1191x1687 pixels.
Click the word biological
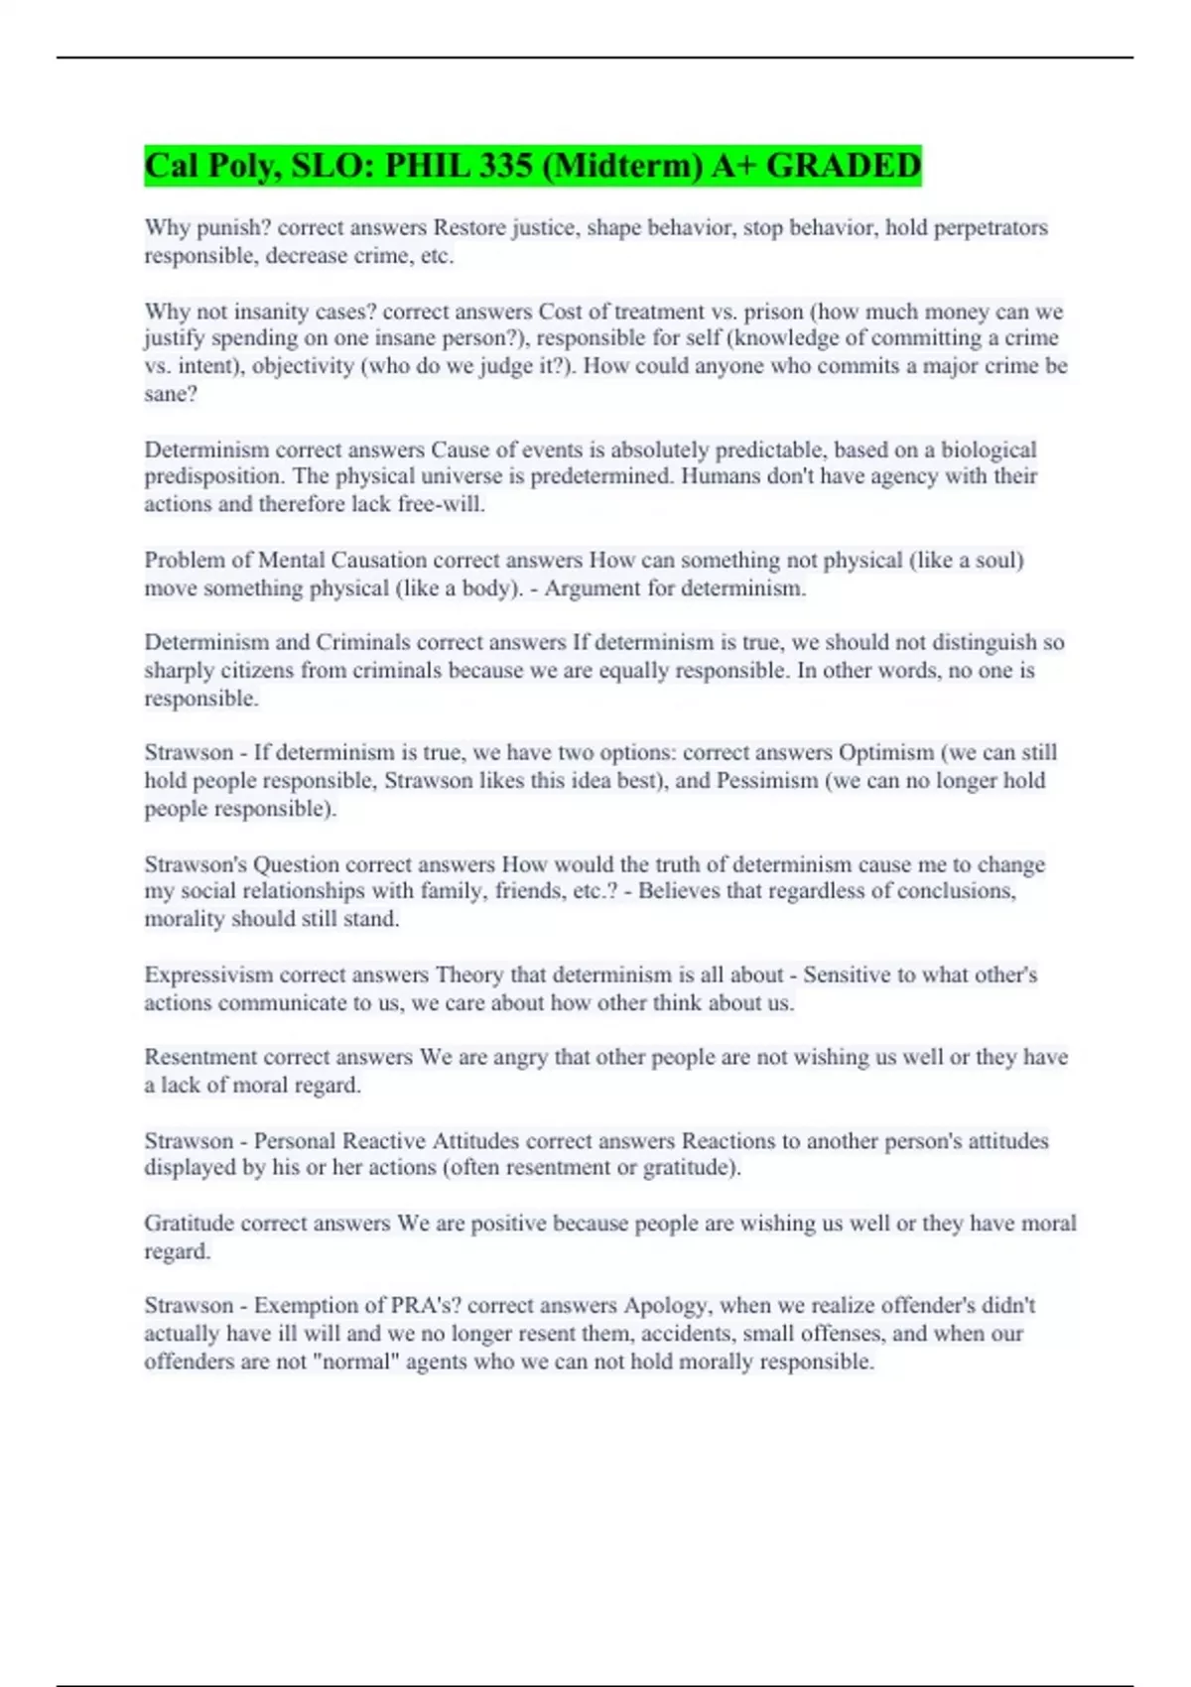click(x=989, y=450)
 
